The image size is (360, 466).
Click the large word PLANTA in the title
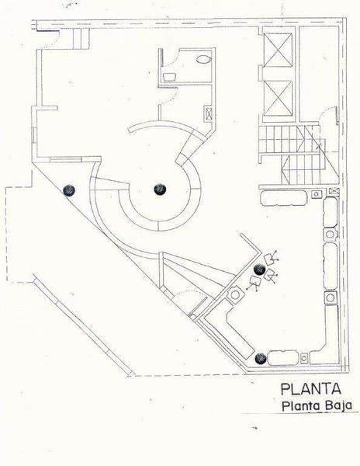tap(310, 389)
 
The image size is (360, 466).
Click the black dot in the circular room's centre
tap(160, 190)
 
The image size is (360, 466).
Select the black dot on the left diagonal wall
tap(69, 190)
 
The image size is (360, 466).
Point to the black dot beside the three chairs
tap(260, 270)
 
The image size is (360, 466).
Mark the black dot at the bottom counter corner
tap(260, 359)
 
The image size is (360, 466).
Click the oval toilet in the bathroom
tap(203, 59)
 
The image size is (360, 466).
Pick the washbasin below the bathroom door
tap(170, 77)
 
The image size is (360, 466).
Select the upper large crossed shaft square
tap(278, 50)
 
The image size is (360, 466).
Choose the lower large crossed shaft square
tap(278, 98)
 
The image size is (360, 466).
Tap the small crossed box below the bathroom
tap(209, 113)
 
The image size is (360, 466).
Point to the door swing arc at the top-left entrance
tap(54, 40)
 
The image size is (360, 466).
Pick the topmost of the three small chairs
tap(270, 259)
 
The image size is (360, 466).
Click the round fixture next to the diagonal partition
tap(235, 295)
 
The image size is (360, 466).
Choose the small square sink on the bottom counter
tap(304, 358)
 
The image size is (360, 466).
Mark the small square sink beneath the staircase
tap(316, 194)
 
